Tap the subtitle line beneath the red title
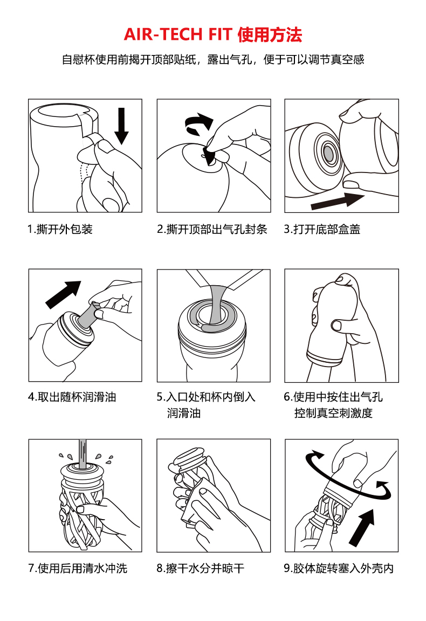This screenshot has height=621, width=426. tap(213, 59)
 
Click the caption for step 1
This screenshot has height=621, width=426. tap(60, 229)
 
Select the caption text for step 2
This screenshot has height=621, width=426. tap(212, 229)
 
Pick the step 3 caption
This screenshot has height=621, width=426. tap(322, 229)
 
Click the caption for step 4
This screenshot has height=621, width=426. tap(72, 397)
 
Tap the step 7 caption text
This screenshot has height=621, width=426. tap(78, 568)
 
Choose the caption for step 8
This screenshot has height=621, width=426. tap(201, 568)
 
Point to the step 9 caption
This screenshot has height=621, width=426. tap(339, 568)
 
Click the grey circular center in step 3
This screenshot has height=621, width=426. tap(328, 152)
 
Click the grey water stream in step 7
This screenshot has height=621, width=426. tap(83, 454)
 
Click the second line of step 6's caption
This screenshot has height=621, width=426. tap(333, 413)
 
